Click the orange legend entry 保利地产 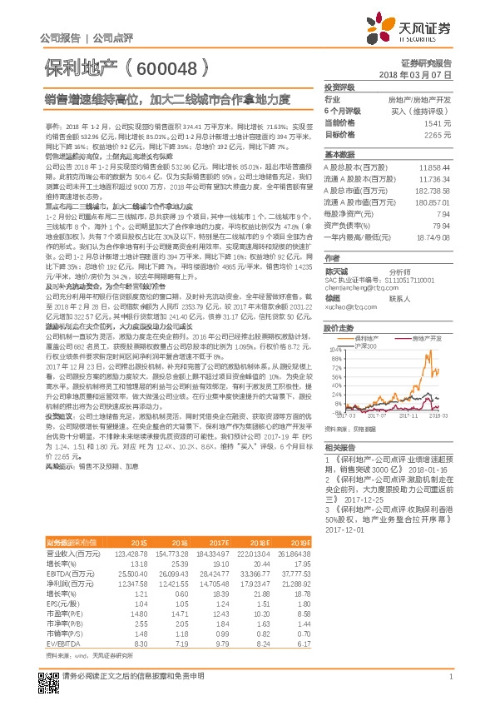pos(369,338)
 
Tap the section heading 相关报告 pos(339,447)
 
